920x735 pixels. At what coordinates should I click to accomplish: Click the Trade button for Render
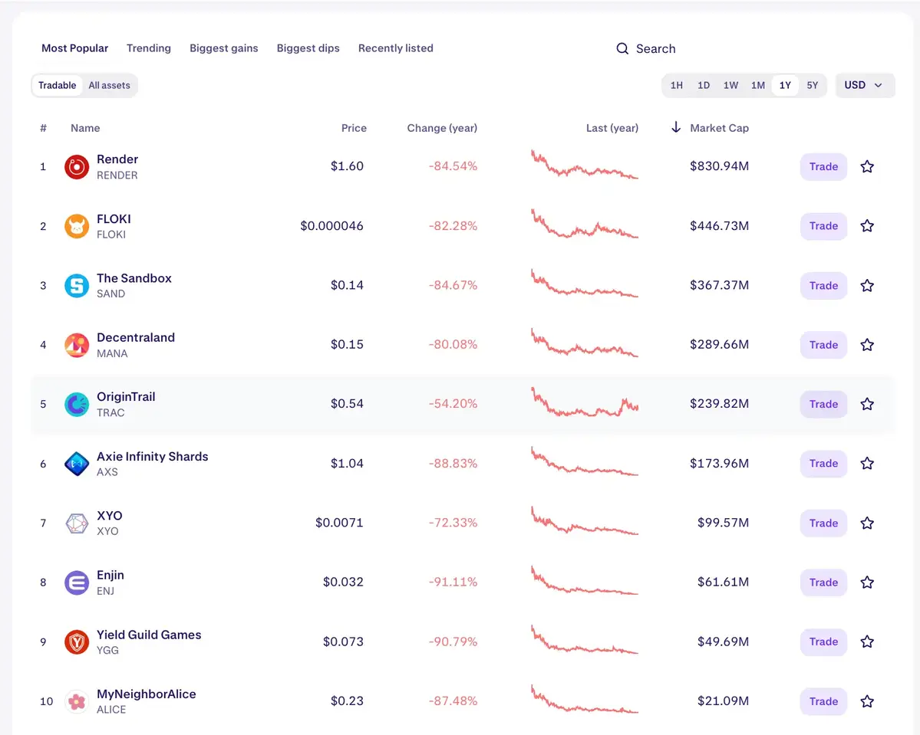coord(823,166)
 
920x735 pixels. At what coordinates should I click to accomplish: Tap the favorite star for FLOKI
coord(867,226)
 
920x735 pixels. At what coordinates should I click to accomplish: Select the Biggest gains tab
coord(223,48)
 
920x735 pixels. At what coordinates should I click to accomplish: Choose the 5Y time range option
coord(812,85)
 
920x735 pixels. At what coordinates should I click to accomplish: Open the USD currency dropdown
coord(864,85)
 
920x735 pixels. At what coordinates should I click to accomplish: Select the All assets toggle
coord(109,85)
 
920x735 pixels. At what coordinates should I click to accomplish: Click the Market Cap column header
coord(718,128)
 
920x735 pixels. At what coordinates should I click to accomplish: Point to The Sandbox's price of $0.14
coord(347,285)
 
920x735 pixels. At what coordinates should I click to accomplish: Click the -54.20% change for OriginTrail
coord(453,404)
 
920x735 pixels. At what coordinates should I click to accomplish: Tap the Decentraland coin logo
coord(77,345)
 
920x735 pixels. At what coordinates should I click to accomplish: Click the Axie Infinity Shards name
coord(152,457)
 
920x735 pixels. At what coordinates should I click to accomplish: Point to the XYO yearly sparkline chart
coord(584,522)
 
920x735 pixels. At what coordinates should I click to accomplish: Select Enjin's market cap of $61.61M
coord(723,582)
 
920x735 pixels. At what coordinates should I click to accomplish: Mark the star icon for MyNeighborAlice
coord(867,701)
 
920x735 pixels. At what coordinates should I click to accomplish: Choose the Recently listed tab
coord(395,48)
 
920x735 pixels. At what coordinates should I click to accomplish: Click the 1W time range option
coord(730,85)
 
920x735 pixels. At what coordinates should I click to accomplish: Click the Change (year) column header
coord(442,128)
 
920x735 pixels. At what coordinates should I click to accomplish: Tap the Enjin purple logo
coord(77,582)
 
